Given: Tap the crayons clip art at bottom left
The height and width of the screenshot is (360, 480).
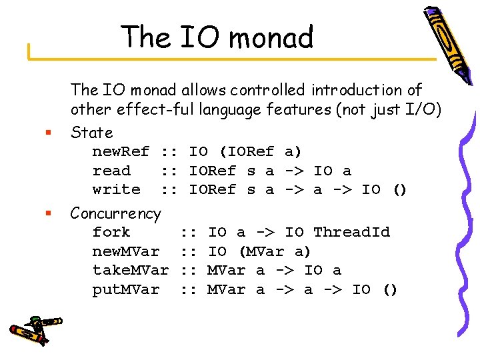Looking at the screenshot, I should (34, 327).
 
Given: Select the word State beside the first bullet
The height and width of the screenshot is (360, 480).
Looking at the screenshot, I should (92, 132).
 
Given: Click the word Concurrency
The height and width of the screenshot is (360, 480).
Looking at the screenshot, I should (115, 213).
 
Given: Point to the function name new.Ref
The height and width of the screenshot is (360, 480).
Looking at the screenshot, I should (121, 151).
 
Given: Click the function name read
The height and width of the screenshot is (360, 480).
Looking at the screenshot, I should (111, 171).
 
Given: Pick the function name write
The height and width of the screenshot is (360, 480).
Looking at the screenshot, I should (116, 189).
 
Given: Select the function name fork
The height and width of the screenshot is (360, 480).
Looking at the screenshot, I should (111, 232).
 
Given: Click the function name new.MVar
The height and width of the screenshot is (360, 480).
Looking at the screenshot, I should (125, 251).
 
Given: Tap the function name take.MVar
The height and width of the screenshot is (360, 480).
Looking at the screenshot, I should (130, 270).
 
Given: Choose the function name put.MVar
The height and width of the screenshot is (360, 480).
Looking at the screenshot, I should (125, 289).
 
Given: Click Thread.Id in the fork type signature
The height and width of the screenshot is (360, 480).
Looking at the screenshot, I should (351, 232).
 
